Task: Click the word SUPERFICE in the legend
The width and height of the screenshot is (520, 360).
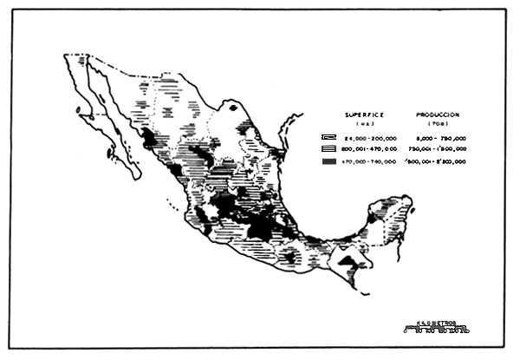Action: [363, 115]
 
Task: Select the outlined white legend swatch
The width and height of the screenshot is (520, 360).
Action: [328, 138]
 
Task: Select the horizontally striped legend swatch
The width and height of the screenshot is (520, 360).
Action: [328, 149]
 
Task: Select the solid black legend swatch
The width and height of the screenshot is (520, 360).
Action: [328, 161]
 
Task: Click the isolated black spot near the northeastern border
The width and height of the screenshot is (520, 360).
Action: [233, 107]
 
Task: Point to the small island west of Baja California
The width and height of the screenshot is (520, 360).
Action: [79, 110]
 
